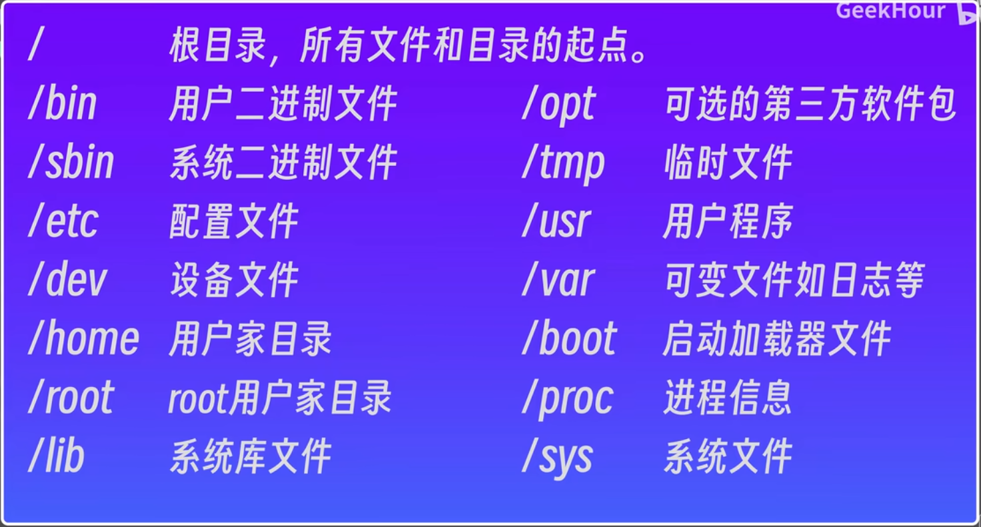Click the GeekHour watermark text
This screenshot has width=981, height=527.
[x=890, y=11]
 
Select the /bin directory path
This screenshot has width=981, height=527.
[x=62, y=103]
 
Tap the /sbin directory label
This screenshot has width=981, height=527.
[x=71, y=162]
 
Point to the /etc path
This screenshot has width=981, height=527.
[x=63, y=221]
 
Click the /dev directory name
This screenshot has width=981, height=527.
[x=67, y=279]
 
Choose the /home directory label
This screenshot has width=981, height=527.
[x=84, y=338]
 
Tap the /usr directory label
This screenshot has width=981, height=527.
[x=556, y=221]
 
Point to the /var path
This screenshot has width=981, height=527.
[x=558, y=279]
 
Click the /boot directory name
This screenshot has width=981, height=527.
[x=570, y=338]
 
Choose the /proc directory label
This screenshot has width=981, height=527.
[x=568, y=399]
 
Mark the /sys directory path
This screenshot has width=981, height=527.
[x=558, y=458]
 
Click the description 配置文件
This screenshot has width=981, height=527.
[x=234, y=221]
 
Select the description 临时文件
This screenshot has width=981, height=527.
[x=728, y=162]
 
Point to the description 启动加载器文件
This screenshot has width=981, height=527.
[x=777, y=338]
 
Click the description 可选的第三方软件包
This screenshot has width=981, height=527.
[x=810, y=103]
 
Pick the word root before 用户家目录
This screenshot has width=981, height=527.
[x=198, y=398]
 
